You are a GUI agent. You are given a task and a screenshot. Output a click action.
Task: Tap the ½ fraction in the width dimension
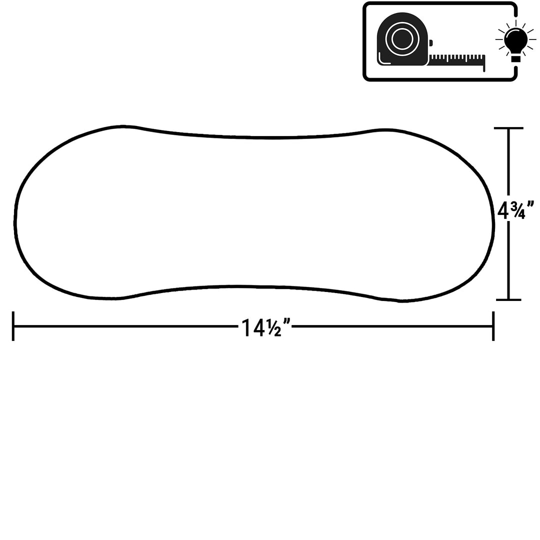(x=273, y=327)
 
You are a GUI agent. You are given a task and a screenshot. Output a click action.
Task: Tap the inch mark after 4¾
(x=530, y=205)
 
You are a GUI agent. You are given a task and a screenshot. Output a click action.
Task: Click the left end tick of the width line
(x=13, y=326)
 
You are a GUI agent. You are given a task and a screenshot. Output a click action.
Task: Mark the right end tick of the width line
(x=493, y=326)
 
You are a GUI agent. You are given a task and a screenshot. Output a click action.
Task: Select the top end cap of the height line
(x=508, y=128)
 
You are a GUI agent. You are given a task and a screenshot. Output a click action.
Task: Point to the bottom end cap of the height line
(x=508, y=299)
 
